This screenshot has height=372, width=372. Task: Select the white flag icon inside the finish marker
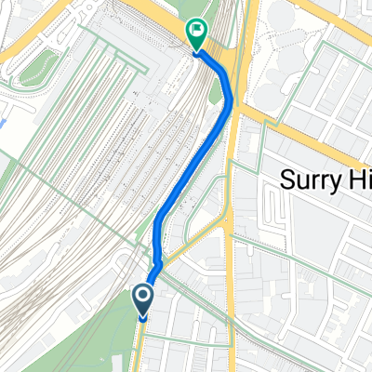point(197,30)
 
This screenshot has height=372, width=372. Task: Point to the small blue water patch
point(6,122)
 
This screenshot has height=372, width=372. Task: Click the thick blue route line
point(191,167)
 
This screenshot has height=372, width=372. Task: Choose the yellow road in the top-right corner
point(325,19)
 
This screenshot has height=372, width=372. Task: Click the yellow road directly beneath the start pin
point(139,349)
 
